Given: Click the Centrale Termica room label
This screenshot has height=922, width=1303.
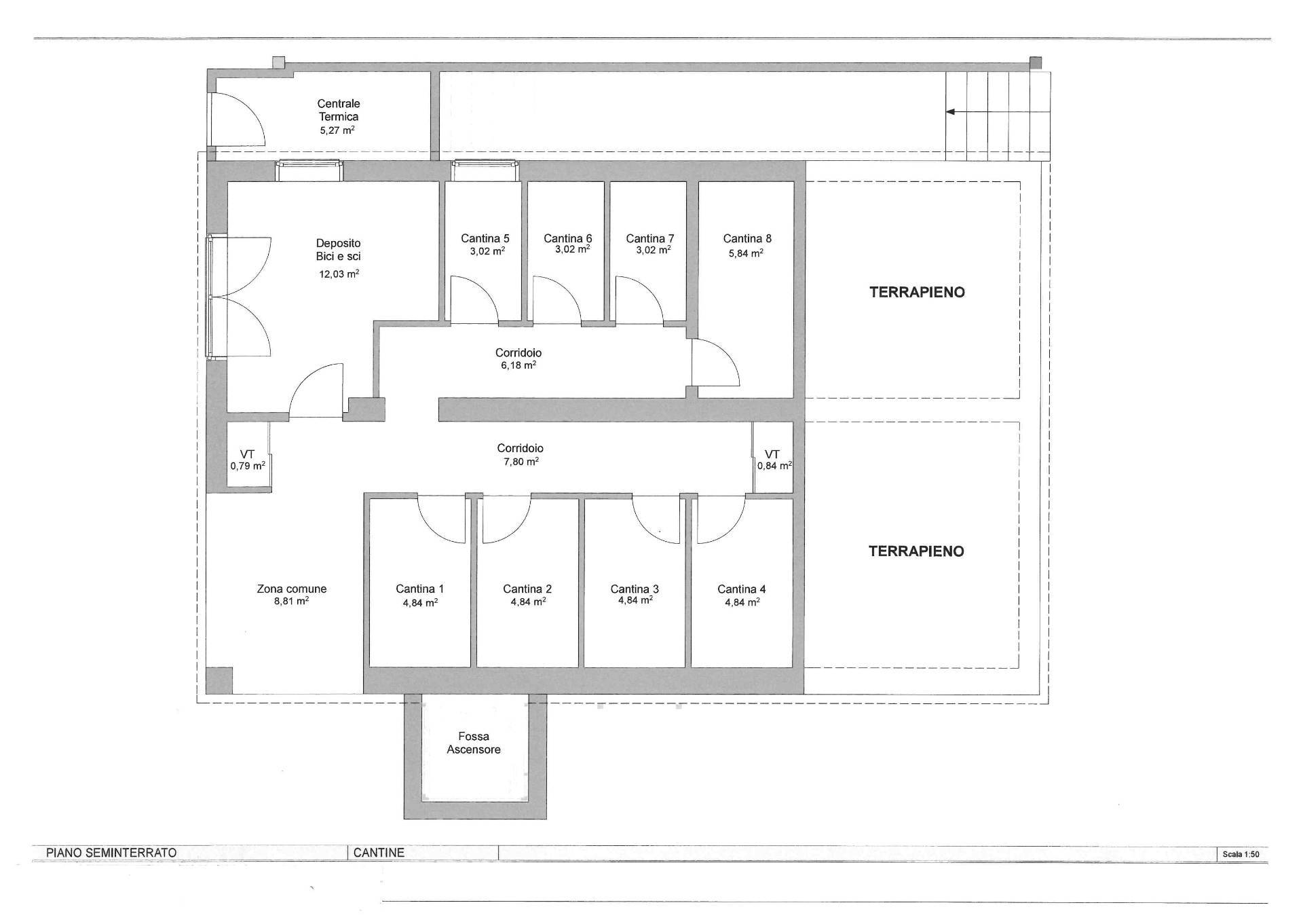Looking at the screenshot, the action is tap(339, 110).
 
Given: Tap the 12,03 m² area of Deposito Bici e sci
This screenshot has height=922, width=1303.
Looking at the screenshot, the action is tap(339, 274).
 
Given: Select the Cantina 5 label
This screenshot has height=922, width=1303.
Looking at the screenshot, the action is tap(485, 238).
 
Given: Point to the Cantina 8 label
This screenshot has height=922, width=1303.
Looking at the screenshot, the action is tap(747, 238).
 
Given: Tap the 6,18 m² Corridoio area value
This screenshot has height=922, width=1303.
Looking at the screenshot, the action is tap(518, 365).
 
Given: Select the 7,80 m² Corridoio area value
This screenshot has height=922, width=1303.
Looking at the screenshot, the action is tap(520, 462).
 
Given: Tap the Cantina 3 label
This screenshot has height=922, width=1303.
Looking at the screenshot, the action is tap(635, 589).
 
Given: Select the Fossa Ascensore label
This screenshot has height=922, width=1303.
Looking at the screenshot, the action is tap(474, 743).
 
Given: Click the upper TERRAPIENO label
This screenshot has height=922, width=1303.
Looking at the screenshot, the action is tap(917, 293).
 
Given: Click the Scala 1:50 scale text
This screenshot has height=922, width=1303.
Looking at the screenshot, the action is tap(1241, 854).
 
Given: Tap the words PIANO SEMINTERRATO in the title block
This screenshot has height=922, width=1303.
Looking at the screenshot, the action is tap(111, 853).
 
